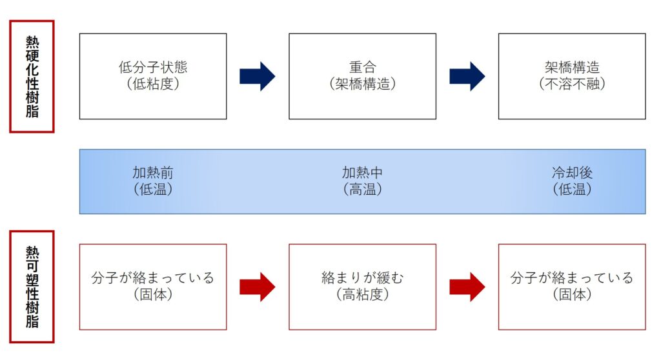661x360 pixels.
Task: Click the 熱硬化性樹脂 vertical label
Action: pyautogui.click(x=32, y=76)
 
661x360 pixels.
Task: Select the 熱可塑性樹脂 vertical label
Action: pyautogui.click(x=32, y=286)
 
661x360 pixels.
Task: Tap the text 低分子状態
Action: pyautogui.click(x=153, y=67)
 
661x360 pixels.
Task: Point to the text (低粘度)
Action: pyautogui.click(x=153, y=84)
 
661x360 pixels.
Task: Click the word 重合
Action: pyautogui.click(x=362, y=67)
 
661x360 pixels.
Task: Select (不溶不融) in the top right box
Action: pyautogui.click(x=572, y=84)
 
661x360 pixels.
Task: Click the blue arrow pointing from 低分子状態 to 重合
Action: pyautogui.click(x=257, y=76)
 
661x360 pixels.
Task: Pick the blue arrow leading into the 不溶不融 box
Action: pyautogui.click(x=467, y=76)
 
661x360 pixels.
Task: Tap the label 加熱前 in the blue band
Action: pyautogui.click(x=153, y=173)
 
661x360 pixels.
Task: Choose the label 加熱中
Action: pyautogui.click(x=362, y=173)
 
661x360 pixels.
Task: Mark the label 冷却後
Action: pyautogui.click(x=572, y=173)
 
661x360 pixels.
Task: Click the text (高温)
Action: pyautogui.click(x=362, y=190)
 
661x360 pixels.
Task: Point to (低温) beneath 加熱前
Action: pyautogui.click(x=153, y=190)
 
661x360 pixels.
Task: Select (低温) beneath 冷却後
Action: pyautogui.click(x=572, y=190)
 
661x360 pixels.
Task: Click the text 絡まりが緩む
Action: pyautogui.click(x=362, y=278)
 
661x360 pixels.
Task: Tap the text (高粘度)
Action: pyautogui.click(x=362, y=295)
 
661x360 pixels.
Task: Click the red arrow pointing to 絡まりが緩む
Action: pyautogui.click(x=257, y=286)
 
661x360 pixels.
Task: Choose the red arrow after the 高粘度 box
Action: pyautogui.click(x=467, y=286)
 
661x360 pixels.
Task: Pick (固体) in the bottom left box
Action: pyautogui.click(x=153, y=295)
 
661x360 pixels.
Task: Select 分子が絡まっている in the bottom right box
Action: pyautogui.click(x=572, y=278)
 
